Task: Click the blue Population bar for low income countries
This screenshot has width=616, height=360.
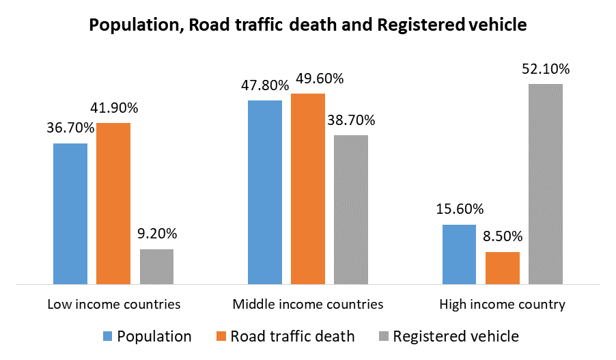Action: tap(70, 213)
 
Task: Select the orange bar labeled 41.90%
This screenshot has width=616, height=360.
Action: tap(113, 203)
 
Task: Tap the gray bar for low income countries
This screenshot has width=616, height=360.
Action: tap(157, 266)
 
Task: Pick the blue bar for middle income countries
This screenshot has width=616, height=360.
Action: tap(265, 191)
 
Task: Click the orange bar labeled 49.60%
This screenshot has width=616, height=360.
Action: tap(308, 188)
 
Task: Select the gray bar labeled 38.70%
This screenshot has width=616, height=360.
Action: tap(351, 209)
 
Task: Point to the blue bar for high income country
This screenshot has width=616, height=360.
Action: tap(459, 253)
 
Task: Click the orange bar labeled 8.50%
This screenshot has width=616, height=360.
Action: tap(503, 267)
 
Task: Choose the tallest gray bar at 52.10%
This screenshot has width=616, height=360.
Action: tap(546, 183)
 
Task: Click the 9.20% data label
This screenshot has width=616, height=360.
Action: tap(156, 234)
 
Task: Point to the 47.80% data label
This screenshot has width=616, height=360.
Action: tap(264, 85)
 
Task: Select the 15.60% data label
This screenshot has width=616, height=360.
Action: tap(459, 209)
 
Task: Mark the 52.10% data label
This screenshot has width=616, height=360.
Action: tap(545, 69)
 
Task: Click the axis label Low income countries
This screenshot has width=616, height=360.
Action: tap(114, 304)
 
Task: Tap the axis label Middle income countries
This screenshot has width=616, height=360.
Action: tap(308, 304)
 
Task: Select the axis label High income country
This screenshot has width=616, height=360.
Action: tap(502, 304)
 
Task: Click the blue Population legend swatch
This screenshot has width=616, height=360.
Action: tap(107, 336)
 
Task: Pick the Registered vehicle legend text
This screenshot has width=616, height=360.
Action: tap(456, 336)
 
